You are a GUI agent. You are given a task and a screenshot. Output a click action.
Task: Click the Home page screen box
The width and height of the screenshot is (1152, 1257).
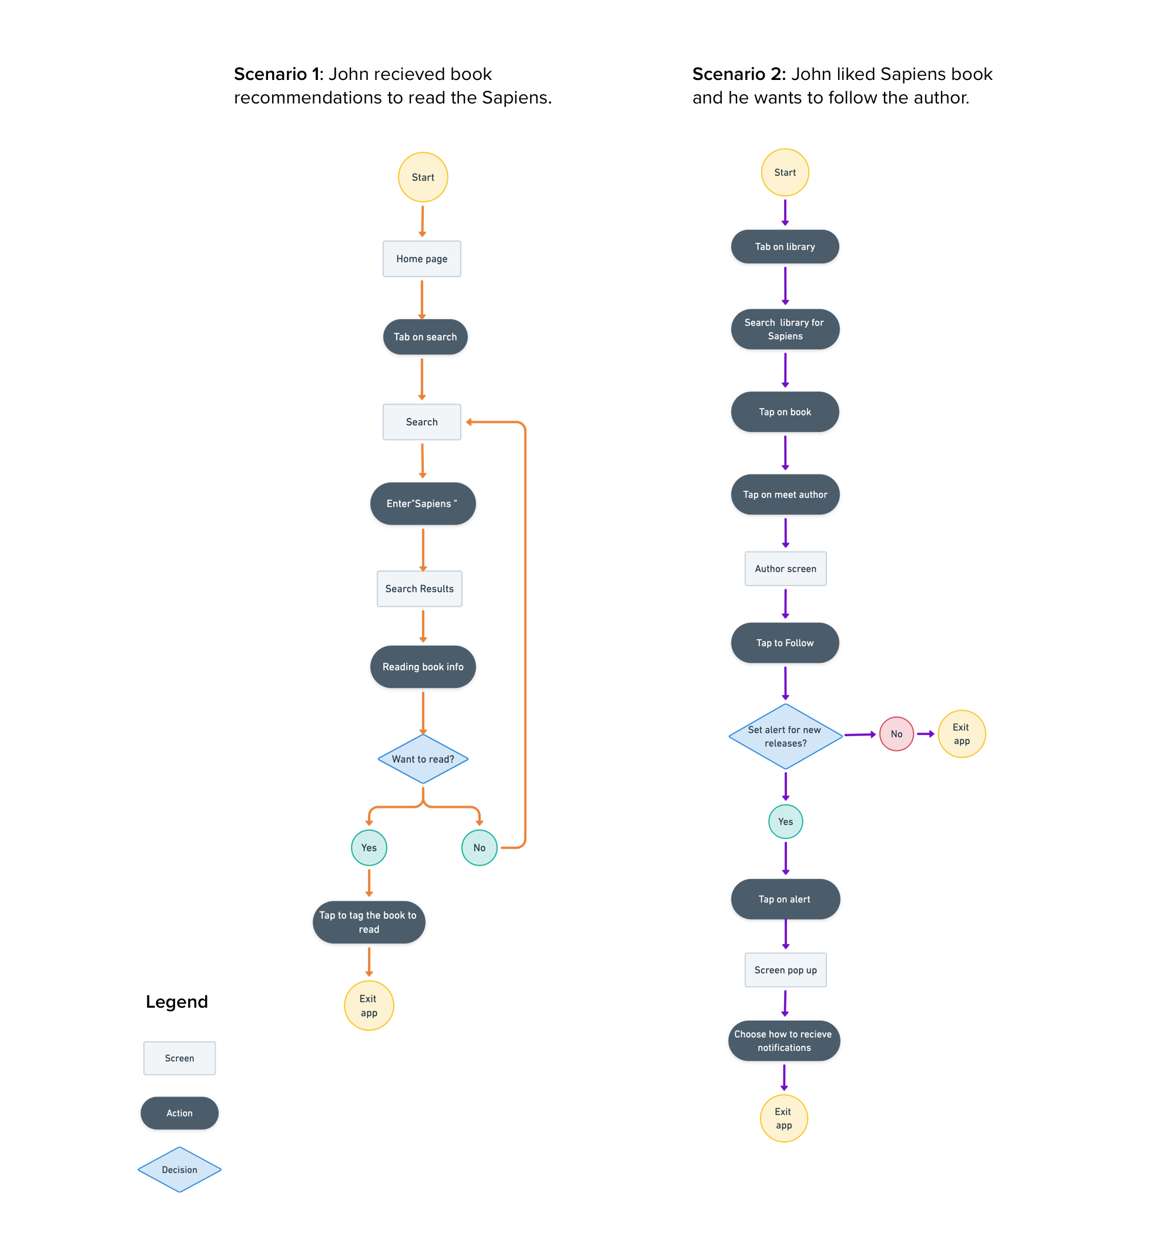click(x=421, y=259)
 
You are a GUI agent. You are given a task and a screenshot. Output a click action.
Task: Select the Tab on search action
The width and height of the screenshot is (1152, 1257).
click(x=425, y=337)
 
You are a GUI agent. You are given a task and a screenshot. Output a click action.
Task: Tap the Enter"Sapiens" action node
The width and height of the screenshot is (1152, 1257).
click(x=423, y=503)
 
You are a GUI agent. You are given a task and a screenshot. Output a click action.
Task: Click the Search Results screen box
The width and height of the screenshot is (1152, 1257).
click(x=419, y=588)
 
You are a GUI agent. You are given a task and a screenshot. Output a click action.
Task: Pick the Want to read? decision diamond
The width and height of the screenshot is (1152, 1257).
click(x=423, y=758)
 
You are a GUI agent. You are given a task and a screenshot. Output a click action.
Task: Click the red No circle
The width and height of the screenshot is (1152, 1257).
click(x=896, y=733)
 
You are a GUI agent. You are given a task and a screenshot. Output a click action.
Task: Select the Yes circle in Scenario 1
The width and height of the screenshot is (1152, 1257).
click(x=369, y=847)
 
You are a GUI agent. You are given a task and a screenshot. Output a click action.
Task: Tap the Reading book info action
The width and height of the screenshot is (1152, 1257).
click(x=423, y=666)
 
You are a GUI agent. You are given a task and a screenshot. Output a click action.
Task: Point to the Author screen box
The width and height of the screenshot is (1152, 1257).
click(x=785, y=568)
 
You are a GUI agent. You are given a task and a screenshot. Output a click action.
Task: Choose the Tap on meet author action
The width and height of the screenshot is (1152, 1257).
click(x=785, y=494)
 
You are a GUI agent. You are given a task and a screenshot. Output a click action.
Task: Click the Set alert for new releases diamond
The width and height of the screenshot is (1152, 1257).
click(x=785, y=736)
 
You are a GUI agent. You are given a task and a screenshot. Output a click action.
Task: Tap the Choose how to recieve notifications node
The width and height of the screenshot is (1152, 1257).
click(x=783, y=1040)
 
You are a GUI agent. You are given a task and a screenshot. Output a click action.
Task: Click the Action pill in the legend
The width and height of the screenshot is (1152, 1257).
click(x=179, y=1112)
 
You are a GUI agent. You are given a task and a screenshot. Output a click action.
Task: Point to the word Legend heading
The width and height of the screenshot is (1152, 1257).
click(x=176, y=1001)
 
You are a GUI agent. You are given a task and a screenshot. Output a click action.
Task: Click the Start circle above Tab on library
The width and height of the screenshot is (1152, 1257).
click(x=784, y=172)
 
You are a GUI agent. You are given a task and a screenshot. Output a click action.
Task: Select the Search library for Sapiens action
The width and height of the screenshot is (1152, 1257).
click(x=785, y=329)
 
